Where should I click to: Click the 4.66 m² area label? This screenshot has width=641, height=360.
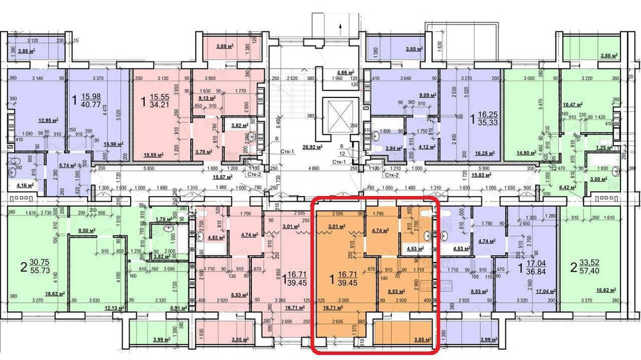(347, 72)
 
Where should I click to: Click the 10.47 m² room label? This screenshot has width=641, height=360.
(572, 104)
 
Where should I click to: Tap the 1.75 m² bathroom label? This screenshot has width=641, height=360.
(165, 219)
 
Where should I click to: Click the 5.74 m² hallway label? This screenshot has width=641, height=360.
(67, 165)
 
